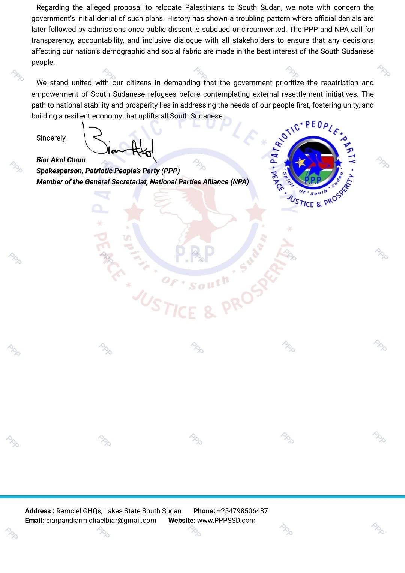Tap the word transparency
52,40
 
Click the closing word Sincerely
51,138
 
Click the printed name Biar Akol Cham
61,160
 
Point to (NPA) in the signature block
240,182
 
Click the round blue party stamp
313,164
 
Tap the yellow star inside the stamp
300,163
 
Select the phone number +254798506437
242,511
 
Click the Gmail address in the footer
101,520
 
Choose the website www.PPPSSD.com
226,520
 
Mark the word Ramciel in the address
68,511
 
